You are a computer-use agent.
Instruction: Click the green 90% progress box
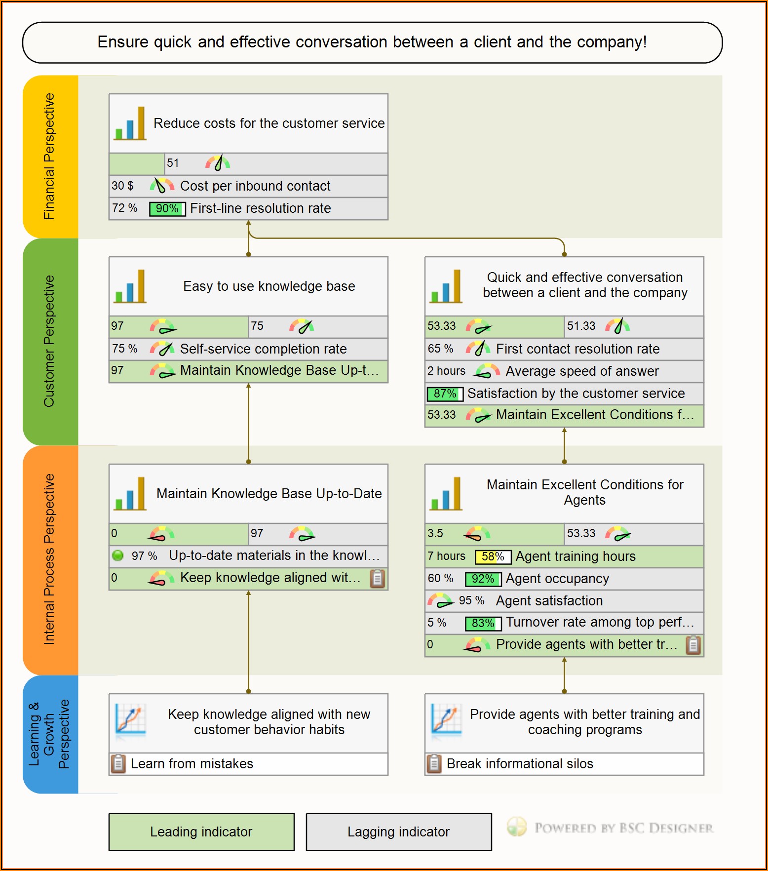[167, 209]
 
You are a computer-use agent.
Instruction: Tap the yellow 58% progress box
[493, 557]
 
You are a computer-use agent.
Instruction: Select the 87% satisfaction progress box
[445, 394]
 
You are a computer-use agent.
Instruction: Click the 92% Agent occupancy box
[483, 579]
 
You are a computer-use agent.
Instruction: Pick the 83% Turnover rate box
[483, 624]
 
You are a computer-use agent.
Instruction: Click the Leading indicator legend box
[201, 832]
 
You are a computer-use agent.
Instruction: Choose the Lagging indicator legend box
[399, 832]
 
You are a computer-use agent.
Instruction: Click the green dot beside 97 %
[118, 555]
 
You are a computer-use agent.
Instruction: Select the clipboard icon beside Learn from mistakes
[118, 764]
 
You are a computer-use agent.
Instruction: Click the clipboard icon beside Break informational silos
[434, 764]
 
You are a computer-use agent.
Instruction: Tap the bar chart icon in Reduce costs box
[130, 123]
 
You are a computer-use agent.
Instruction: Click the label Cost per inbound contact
[255, 186]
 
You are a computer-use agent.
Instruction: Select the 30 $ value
[122, 186]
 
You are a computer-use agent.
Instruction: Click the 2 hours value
[446, 371]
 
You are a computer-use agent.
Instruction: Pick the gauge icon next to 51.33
[617, 326]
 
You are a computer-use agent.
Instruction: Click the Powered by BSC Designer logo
[610, 828]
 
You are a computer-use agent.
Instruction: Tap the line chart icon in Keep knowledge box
[130, 719]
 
